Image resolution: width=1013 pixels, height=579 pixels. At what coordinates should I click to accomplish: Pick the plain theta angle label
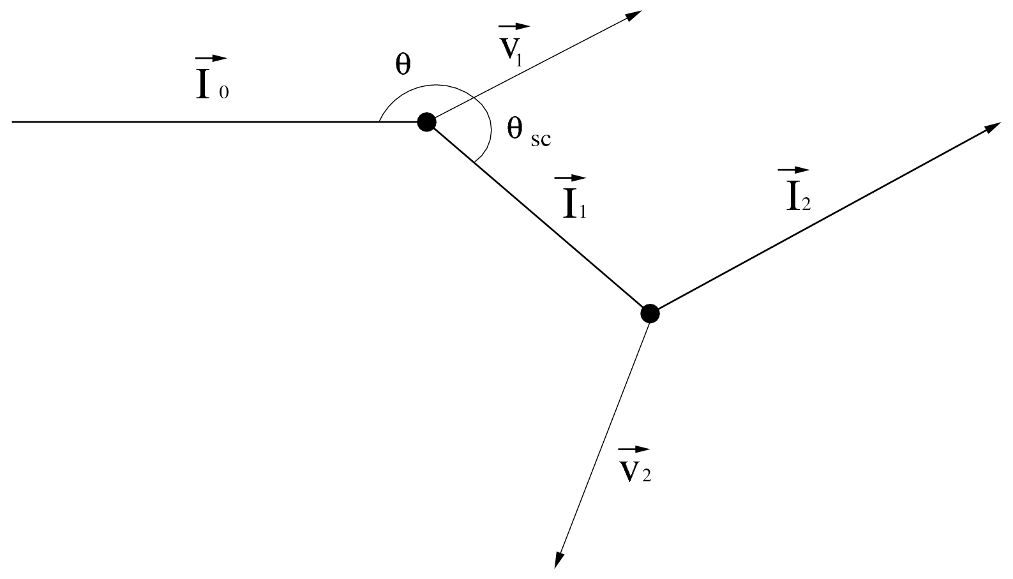[x=403, y=64]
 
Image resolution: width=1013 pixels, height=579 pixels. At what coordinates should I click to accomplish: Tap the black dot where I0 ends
[x=426, y=121]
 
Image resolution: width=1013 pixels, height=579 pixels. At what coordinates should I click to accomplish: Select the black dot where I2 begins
[x=649, y=313]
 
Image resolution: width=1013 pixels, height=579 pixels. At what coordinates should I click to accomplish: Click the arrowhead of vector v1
[x=634, y=15]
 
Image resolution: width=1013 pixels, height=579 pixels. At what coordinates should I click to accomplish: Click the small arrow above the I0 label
[x=211, y=59]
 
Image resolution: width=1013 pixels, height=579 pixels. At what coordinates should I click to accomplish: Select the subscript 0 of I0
[x=223, y=93]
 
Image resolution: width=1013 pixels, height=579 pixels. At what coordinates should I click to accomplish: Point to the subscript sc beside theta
[x=540, y=139]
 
